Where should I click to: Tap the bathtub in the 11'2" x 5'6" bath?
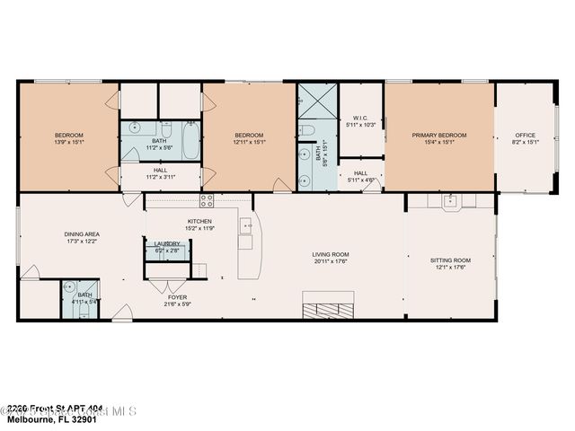[x=190, y=139]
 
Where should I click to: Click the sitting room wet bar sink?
[x=454, y=200]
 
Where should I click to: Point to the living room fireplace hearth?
[x=328, y=311]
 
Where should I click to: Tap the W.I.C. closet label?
[x=361, y=117]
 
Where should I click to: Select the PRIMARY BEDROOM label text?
[x=439, y=136]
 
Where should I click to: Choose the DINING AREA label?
[x=81, y=234]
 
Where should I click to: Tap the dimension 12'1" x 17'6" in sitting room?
[x=451, y=267]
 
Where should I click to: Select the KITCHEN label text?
[x=199, y=221]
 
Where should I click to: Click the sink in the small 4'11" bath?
[x=69, y=287]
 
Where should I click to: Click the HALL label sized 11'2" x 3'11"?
[x=160, y=170]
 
